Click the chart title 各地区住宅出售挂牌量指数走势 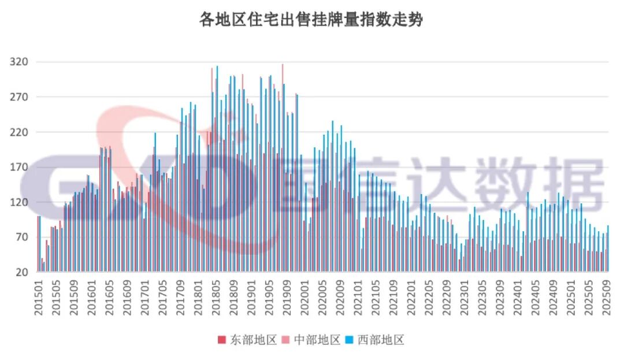pyautogui.click(x=311, y=20)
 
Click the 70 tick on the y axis pyautogui.click(x=21, y=237)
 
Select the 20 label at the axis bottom pyautogui.click(x=21, y=273)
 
